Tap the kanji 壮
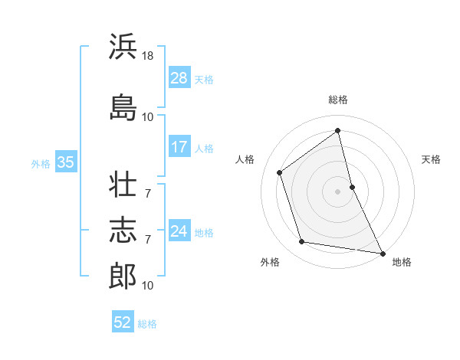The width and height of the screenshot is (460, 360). tap(123, 185)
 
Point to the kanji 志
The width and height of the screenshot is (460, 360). tap(123, 229)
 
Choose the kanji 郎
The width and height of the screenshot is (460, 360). tap(123, 274)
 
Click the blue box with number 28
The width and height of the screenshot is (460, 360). tap(179, 77)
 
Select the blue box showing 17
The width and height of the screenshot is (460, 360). tap(179, 147)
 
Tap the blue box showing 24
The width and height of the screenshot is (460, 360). tap(179, 231)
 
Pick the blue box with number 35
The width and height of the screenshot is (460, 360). tap(65, 162)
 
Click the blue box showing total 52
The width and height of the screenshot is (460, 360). tap(123, 322)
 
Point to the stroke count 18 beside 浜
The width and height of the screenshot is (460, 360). tap(149, 57)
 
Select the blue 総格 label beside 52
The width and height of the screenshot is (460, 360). tap(147, 323)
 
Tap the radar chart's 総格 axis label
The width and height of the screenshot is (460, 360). tap(338, 100)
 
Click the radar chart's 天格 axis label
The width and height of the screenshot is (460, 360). tap(431, 159)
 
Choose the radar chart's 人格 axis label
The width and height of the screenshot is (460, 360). tap(245, 159)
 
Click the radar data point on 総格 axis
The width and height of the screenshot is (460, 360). tap(338, 130)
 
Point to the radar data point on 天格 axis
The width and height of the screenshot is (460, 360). tap(352, 186)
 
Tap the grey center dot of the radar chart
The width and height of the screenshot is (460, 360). tap(338, 191)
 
